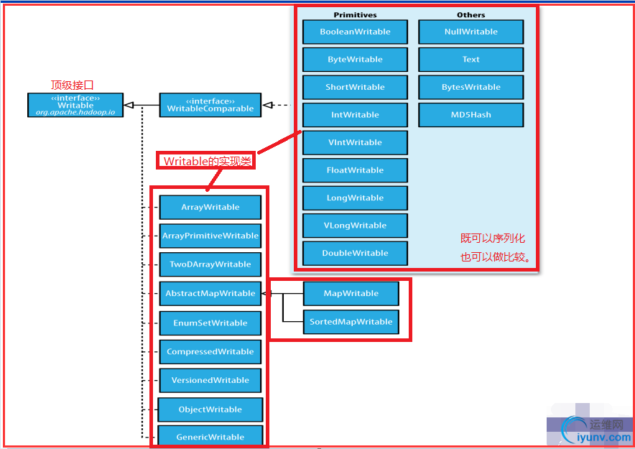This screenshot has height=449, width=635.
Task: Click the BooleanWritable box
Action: point(355,32)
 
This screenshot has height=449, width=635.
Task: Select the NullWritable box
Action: point(471,32)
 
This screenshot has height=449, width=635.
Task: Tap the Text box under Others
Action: point(471,60)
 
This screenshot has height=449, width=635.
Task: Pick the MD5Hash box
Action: point(471,115)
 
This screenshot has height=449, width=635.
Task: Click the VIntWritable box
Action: point(355,142)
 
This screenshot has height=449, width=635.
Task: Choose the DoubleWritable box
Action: point(355,253)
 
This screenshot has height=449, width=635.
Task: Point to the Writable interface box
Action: point(75,105)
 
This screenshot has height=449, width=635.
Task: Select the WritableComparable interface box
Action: point(210,105)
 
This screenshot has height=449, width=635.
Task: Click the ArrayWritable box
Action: point(210,207)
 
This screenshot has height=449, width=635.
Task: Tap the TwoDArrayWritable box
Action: point(210,264)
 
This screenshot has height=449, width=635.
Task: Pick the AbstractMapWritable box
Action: point(210,293)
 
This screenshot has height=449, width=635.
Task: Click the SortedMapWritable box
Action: point(351,322)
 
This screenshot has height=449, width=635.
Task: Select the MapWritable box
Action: point(351,293)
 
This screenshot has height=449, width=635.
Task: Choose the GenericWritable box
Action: point(210,437)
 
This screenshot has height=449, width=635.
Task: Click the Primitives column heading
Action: point(355,14)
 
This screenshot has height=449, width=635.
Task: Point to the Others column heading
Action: point(471,14)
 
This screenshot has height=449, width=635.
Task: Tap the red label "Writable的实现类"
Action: point(207,162)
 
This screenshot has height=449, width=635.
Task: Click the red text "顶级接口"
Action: point(72,85)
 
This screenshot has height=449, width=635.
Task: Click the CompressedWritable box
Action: point(210,351)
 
